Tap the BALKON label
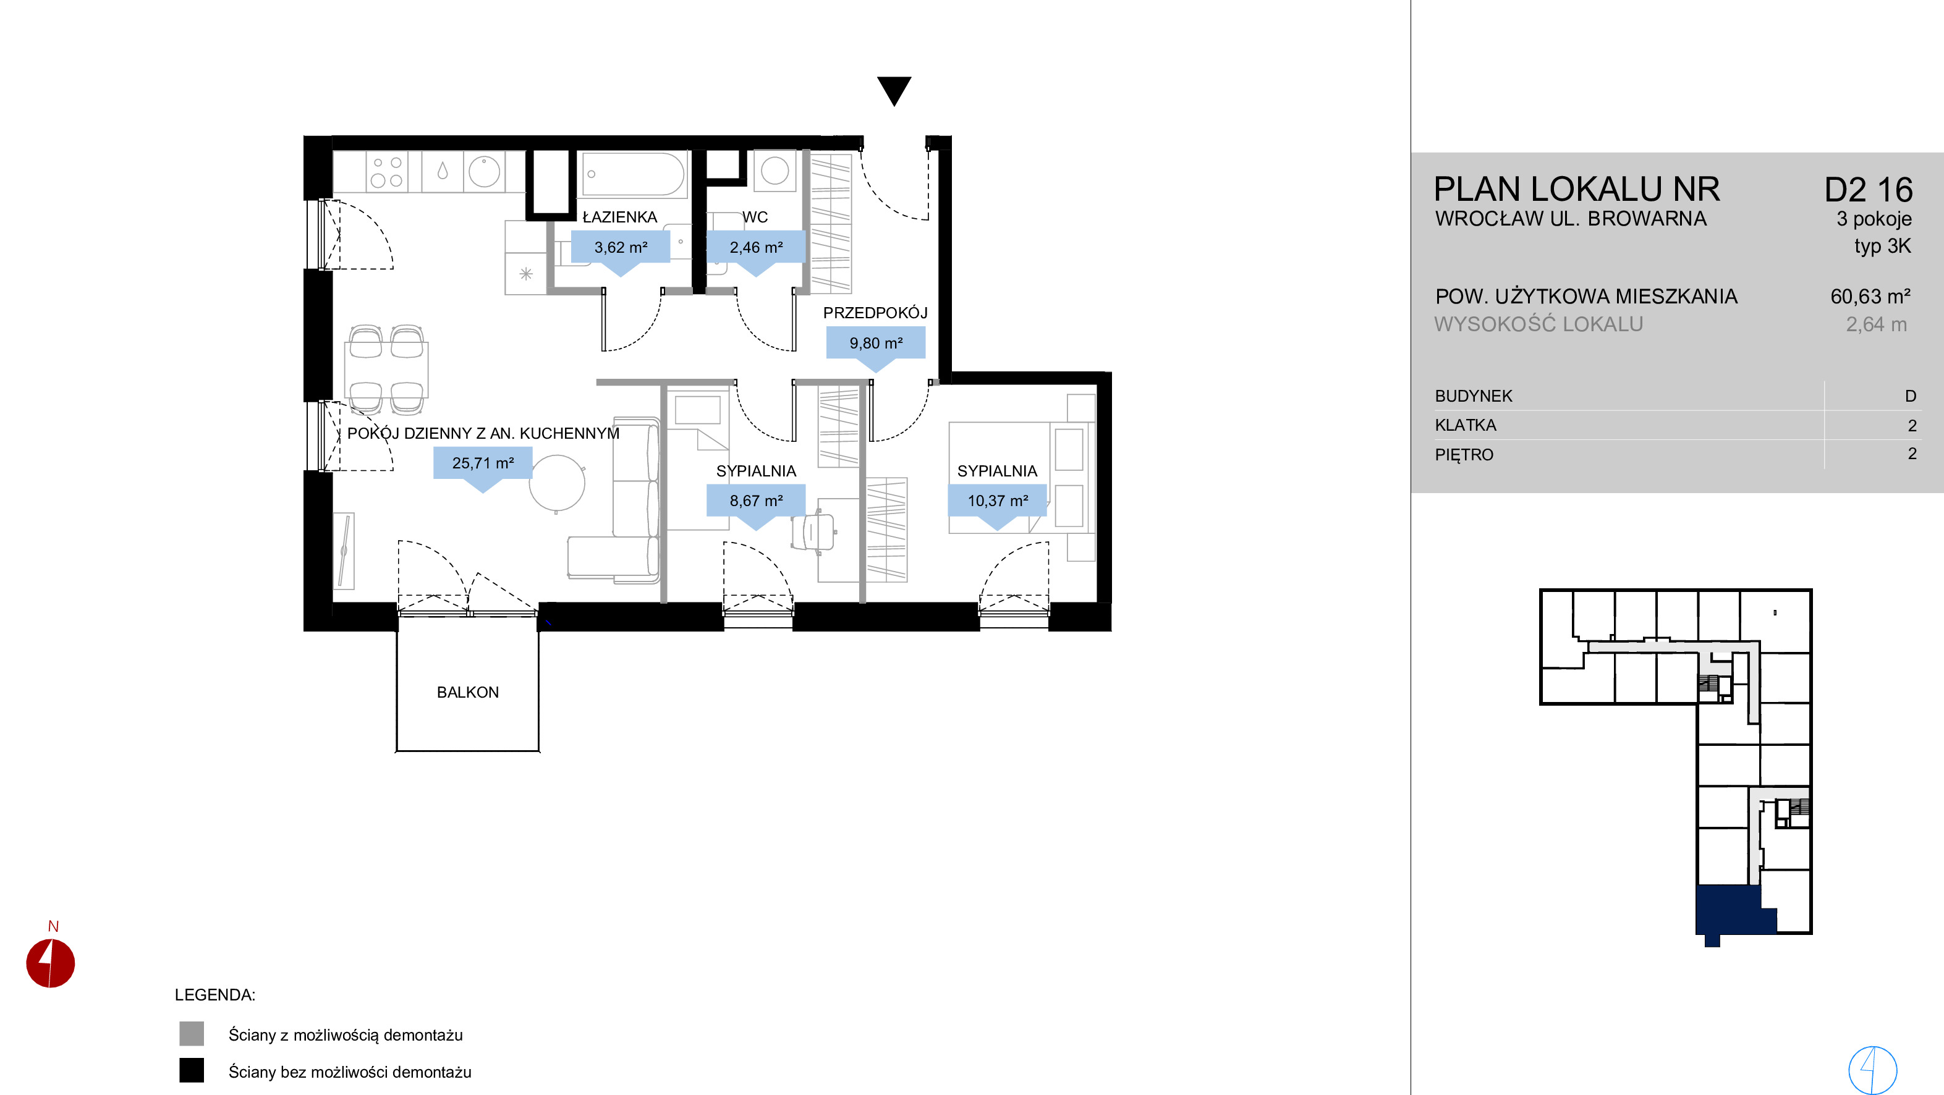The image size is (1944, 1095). click(468, 692)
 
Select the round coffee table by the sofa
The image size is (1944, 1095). click(557, 483)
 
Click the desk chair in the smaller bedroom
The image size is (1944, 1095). click(814, 532)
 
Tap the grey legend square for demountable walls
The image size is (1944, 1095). click(192, 1033)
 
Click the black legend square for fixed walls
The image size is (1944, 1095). click(192, 1070)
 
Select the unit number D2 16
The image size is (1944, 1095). click(1869, 190)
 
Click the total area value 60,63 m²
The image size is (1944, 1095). click(1870, 297)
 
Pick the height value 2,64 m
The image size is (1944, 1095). click(1876, 324)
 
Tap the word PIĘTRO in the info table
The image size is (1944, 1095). click(1464, 455)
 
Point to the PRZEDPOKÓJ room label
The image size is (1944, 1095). click(875, 313)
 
